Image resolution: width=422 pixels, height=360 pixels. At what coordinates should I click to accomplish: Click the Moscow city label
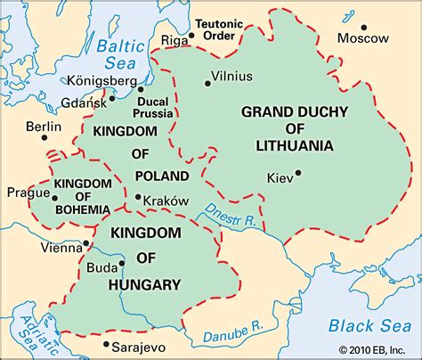pyautogui.click(x=363, y=38)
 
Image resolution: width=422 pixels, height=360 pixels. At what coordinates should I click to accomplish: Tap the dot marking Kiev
pyautogui.click(x=298, y=173)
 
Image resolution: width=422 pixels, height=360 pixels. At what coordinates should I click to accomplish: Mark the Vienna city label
pyautogui.click(x=60, y=248)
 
